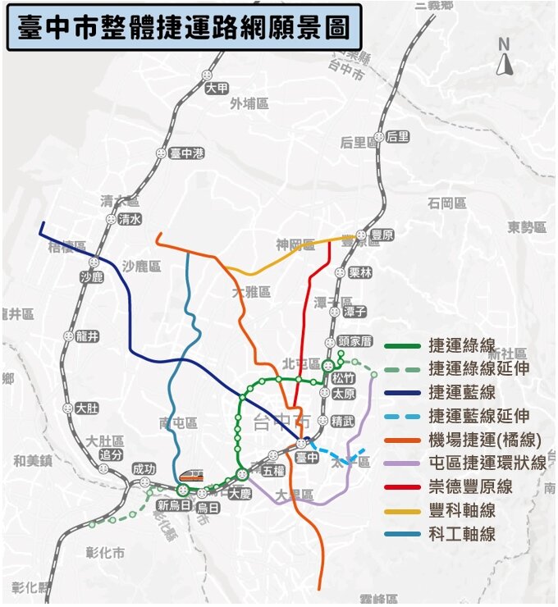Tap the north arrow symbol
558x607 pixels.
tap(505, 57)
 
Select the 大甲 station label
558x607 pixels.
tap(217, 89)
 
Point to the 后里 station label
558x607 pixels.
tap(397, 137)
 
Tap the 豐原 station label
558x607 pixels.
tap(382, 235)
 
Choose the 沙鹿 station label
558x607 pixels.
tap(92, 277)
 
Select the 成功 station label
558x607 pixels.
tap(144, 468)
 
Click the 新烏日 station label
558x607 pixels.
tap(174, 504)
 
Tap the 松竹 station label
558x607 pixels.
tap(344, 378)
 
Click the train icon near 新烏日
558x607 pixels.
tap(190, 475)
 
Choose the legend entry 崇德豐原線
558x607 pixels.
tap(470, 486)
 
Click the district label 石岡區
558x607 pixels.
tap(446, 203)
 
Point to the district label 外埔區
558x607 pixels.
tap(249, 103)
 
